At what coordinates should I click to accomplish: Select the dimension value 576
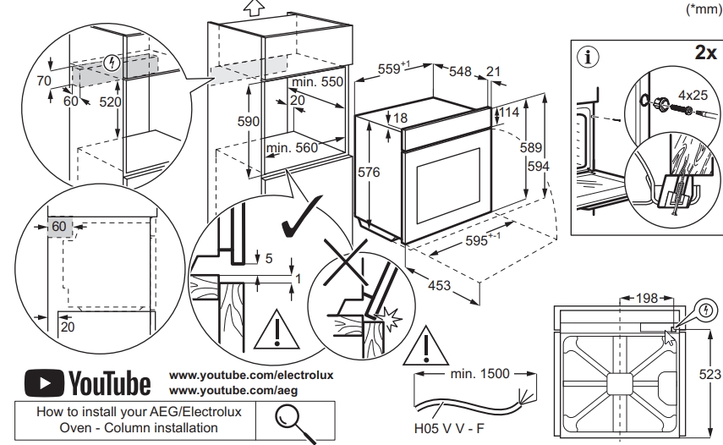[x=370, y=173]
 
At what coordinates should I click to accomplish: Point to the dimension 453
[x=439, y=286]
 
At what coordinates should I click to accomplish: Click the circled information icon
[x=586, y=58]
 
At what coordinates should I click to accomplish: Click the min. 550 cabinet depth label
[x=318, y=84]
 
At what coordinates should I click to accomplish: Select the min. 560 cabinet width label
[x=290, y=148]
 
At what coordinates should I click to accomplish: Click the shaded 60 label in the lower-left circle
[x=58, y=227]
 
